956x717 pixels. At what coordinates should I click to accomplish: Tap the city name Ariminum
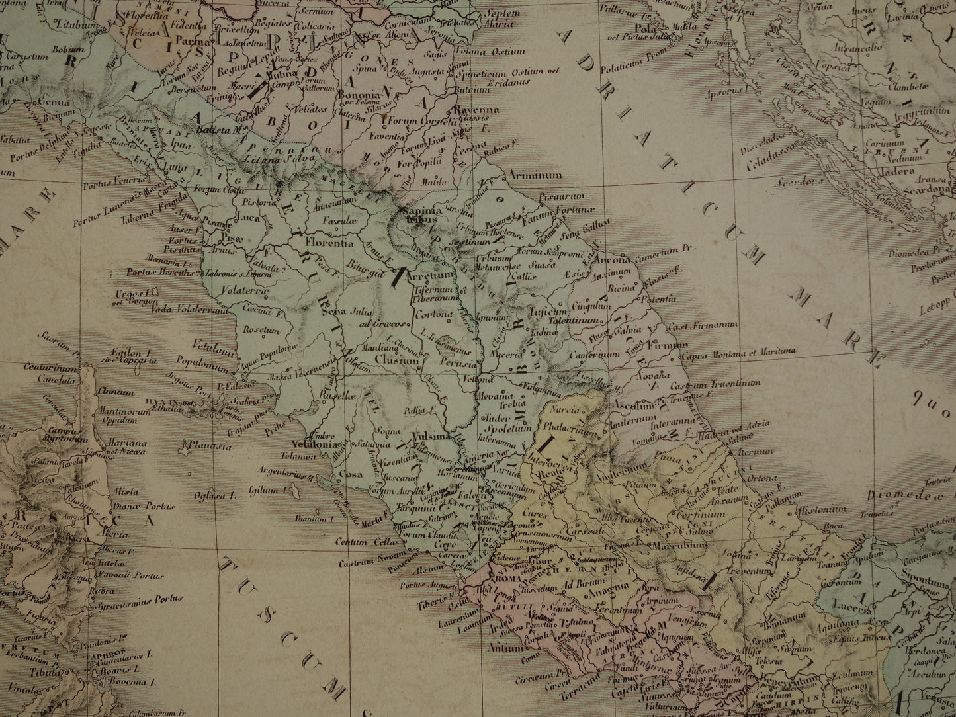pos(536,176)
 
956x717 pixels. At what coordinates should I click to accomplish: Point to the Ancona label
pos(613,261)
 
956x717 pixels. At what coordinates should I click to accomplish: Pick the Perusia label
pos(456,364)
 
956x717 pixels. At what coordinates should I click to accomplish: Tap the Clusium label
pos(396,361)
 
